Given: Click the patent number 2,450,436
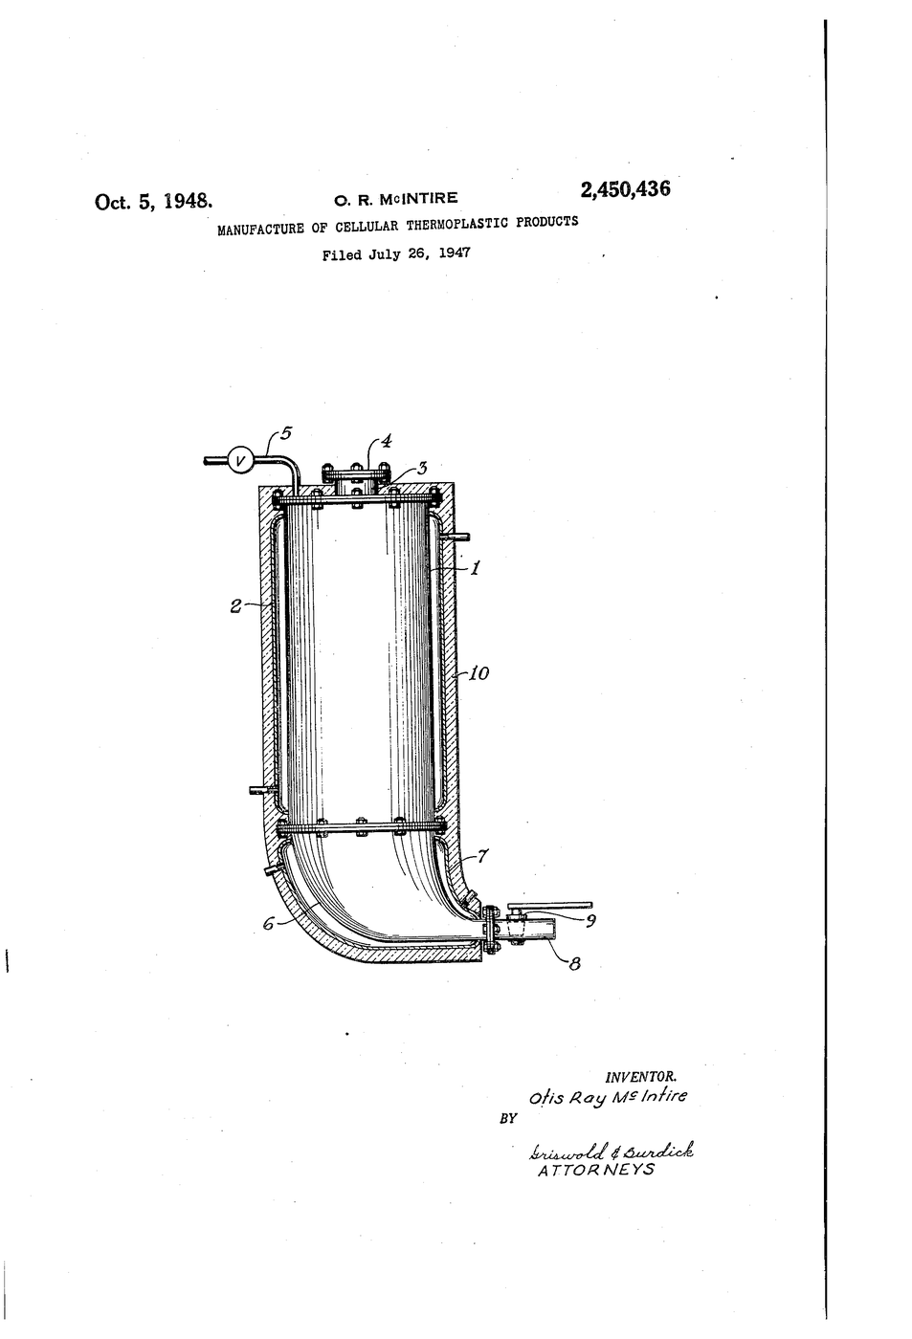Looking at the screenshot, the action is click(625, 189).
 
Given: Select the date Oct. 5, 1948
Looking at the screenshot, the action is click(154, 202).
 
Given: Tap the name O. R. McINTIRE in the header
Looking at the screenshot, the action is click(396, 199).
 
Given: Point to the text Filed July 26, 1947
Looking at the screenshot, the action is click(396, 254).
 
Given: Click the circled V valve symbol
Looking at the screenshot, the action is click(241, 460).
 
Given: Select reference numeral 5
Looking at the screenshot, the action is click(286, 432).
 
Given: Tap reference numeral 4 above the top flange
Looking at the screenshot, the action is click(387, 442).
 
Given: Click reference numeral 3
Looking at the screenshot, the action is click(422, 468).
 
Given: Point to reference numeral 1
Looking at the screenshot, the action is click(475, 568).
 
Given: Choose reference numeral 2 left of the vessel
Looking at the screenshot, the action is click(235, 606).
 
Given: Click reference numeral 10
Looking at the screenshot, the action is click(479, 673).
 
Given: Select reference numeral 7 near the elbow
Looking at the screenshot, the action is click(482, 856).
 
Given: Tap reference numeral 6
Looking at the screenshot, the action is click(269, 924).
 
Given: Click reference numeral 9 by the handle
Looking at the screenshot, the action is click(590, 921).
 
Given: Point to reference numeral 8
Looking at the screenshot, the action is click(574, 964).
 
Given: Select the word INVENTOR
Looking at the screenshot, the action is click(641, 1078).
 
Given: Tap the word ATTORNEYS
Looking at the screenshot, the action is click(596, 1170).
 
